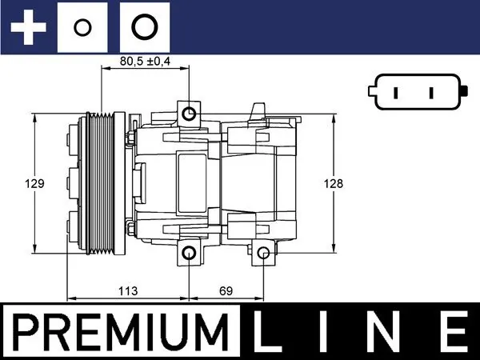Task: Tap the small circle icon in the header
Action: coord(82,27)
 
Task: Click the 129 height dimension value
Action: coord(34,183)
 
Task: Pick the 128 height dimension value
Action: coord(333,183)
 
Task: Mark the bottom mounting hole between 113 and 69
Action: coord(190,254)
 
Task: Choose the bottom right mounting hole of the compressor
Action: coord(263,254)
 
